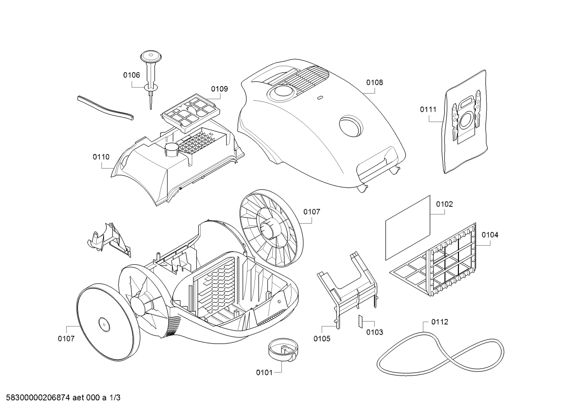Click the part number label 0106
pyautogui.click(x=131, y=75)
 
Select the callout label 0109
pyautogui.click(x=220, y=89)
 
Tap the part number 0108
pyautogui.click(x=375, y=82)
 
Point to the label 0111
pyautogui.click(x=428, y=109)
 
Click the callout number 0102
pyautogui.click(x=444, y=204)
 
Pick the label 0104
pyautogui.click(x=490, y=234)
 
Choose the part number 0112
pyautogui.click(x=440, y=322)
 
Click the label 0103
pyautogui.click(x=375, y=332)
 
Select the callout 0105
pyautogui.click(x=322, y=338)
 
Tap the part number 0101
pyautogui.click(x=264, y=372)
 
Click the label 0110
pyautogui.click(x=101, y=157)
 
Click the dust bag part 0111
pyautogui.click(x=465, y=122)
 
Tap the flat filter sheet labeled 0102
pyautogui.click(x=408, y=228)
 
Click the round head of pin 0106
pyautogui.click(x=151, y=56)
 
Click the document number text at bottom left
pyautogui.click(x=63, y=398)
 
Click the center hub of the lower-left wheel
pyautogui.click(x=104, y=324)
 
